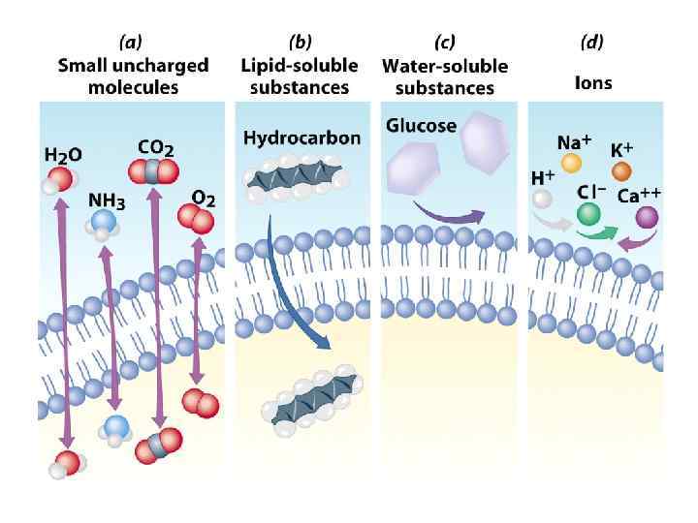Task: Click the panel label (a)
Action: (132, 43)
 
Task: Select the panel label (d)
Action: (593, 43)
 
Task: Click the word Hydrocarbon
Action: (301, 138)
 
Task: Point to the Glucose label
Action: (421, 126)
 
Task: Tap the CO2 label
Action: (155, 148)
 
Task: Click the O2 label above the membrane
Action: (204, 197)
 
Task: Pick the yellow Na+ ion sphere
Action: (571, 164)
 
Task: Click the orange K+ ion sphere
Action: (621, 171)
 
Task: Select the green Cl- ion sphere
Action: (588, 212)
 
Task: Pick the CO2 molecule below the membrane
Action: (157, 446)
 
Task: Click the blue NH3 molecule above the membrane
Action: (104, 223)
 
